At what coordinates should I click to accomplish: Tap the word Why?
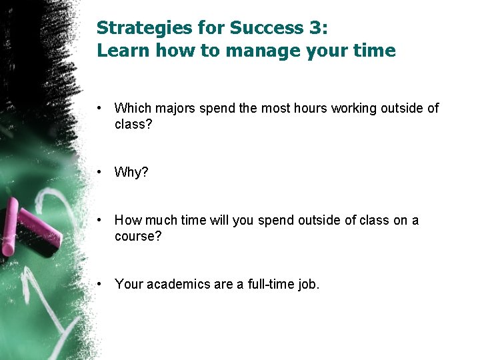click(x=131, y=172)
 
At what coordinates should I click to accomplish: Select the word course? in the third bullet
click(x=138, y=237)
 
